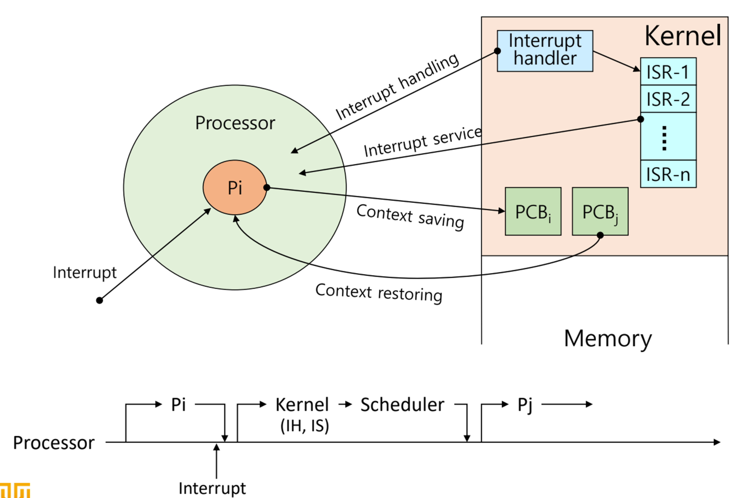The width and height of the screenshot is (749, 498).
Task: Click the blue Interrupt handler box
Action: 545,51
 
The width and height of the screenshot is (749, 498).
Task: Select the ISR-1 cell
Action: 668,71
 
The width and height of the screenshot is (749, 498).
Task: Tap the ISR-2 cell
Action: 668,99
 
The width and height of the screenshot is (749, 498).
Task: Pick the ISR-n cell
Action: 668,174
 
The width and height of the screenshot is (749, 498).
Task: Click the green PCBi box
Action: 533,211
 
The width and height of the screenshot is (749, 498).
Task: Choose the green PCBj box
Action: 600,211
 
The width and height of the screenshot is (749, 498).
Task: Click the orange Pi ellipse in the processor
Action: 235,187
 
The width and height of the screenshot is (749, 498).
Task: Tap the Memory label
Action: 608,339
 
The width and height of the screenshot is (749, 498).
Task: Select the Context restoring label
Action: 379,293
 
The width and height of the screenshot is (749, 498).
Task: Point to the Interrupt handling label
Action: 397,86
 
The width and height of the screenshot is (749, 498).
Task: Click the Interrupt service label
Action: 423,142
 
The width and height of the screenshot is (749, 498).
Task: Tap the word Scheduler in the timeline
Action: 402,405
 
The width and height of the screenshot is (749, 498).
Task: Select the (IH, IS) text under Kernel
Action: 305,426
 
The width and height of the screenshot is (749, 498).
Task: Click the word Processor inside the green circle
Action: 235,123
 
